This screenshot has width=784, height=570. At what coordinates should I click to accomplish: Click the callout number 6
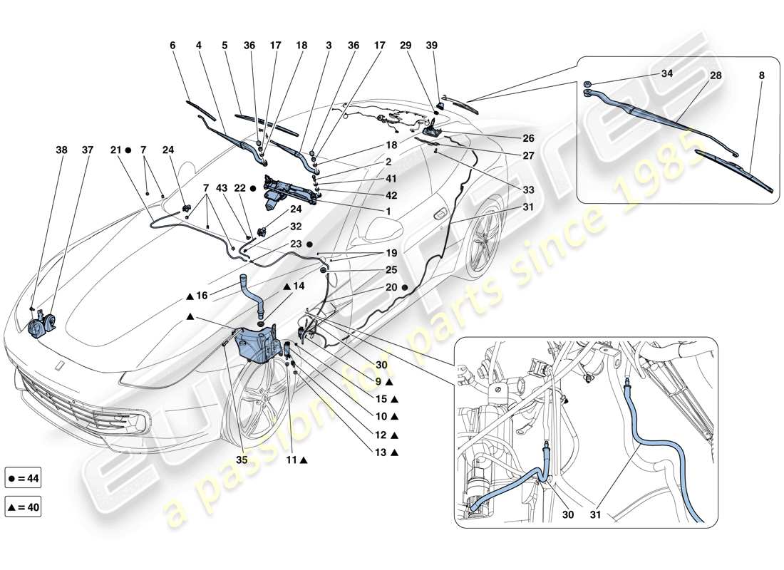point(172,45)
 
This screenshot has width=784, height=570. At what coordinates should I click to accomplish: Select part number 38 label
point(63,151)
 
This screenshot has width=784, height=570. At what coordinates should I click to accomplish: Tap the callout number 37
point(88,151)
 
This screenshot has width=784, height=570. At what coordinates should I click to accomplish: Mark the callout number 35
point(243,460)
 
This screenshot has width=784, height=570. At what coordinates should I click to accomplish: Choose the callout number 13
point(381,452)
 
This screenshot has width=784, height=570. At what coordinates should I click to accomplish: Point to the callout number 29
point(406,45)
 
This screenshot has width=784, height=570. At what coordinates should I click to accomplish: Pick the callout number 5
point(225,45)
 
